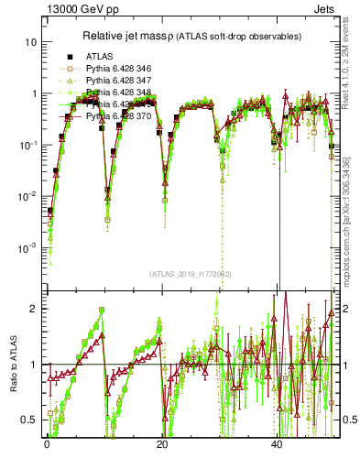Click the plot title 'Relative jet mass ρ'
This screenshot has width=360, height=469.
pos(136,38)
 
